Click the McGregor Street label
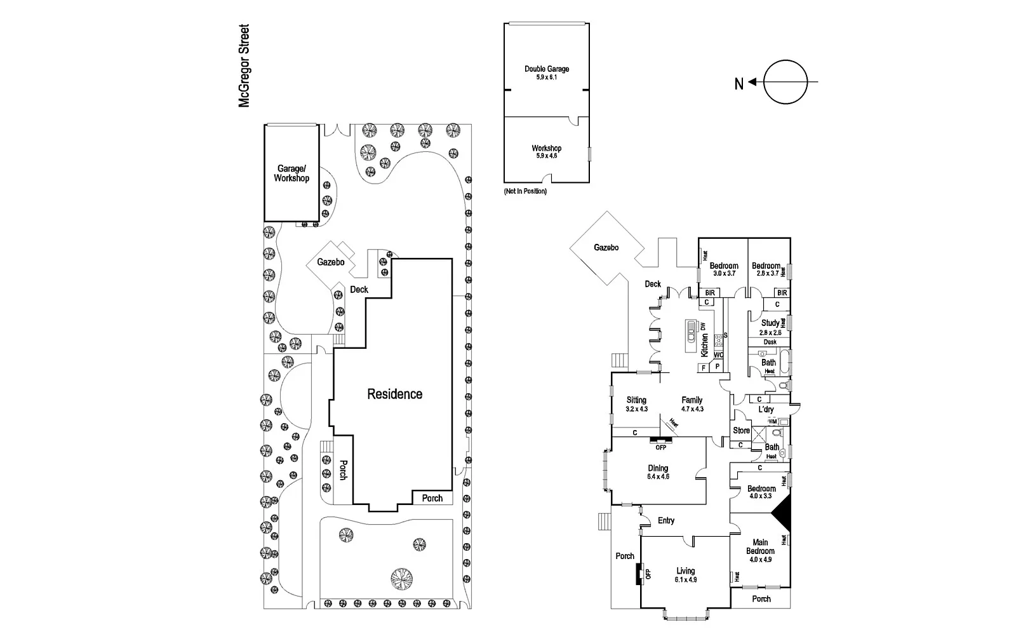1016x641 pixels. [244, 66]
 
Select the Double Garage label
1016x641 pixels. [547, 69]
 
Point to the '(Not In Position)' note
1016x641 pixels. [525, 191]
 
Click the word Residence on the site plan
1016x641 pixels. [394, 395]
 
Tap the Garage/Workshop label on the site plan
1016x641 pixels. [291, 173]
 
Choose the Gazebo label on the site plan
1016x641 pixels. [331, 262]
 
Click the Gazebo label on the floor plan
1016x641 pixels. [606, 248]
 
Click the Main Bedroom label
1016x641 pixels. [760, 546]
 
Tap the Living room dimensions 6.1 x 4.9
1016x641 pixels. [685, 580]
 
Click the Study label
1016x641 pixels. [770, 323]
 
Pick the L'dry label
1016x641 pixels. [766, 410]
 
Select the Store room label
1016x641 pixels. [741, 431]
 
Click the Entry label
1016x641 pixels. [666, 521]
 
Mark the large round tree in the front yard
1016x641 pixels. [401, 579]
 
